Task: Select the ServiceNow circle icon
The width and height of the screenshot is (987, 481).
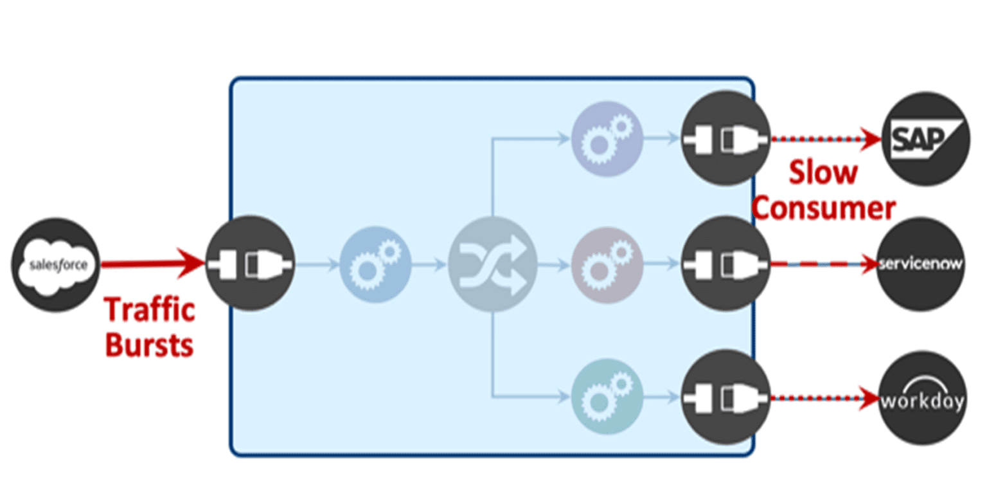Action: pyautogui.click(x=921, y=264)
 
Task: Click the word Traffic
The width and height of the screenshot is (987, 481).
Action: pyautogui.click(x=150, y=310)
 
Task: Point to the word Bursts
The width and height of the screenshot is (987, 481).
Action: pyautogui.click(x=149, y=345)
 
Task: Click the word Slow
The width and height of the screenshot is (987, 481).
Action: pyautogui.click(x=823, y=173)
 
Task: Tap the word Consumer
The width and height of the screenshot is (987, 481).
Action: pyautogui.click(x=823, y=208)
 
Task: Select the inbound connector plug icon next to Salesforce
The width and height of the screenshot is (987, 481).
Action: pyautogui.click(x=250, y=264)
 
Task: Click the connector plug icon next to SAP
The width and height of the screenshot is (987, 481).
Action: pyautogui.click(x=725, y=138)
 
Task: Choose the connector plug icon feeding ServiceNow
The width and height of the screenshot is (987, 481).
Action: pyautogui.click(x=725, y=264)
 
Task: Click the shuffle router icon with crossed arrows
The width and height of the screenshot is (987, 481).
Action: pyautogui.click(x=492, y=264)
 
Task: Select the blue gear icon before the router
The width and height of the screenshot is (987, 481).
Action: pyautogui.click(x=375, y=264)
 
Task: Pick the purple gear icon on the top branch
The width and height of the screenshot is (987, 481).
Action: pyautogui.click(x=607, y=138)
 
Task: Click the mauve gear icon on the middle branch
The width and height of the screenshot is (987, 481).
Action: pyautogui.click(x=607, y=264)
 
